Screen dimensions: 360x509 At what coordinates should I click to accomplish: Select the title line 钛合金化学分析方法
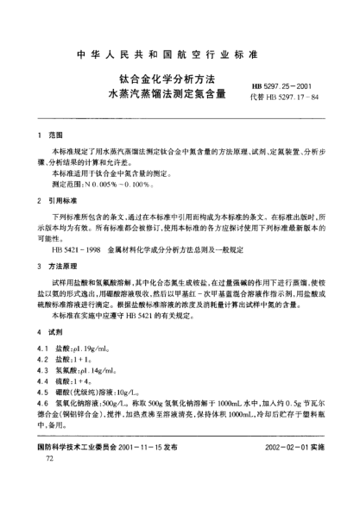[162, 80]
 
